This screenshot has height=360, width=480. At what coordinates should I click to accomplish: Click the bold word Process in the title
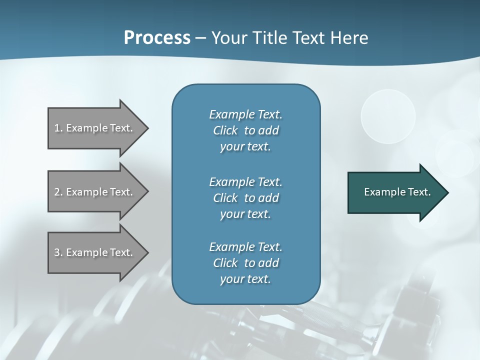click(157, 38)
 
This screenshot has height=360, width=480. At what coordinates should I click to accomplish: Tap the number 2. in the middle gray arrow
click(58, 192)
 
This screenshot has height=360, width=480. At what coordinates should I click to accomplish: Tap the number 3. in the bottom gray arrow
click(58, 252)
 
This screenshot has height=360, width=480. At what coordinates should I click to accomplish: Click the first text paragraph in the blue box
click(245, 130)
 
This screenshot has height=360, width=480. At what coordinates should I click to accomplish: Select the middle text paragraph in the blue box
click(245, 198)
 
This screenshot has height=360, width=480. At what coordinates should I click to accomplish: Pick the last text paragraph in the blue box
click(245, 263)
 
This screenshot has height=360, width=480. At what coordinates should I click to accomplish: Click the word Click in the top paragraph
click(225, 130)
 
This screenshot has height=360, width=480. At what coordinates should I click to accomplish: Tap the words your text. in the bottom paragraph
click(245, 279)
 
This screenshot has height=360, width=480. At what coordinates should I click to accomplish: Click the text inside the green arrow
click(397, 192)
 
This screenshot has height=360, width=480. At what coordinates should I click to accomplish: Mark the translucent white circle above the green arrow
click(388, 116)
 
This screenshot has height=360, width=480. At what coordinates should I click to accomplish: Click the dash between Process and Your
click(200, 38)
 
